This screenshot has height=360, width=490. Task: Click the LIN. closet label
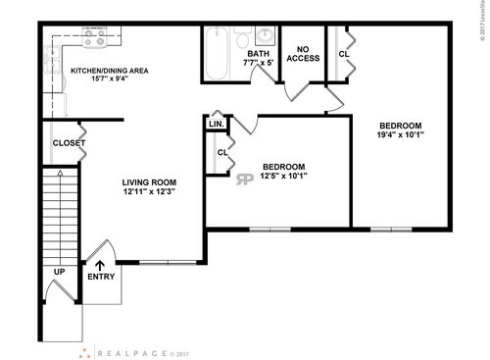tap(216, 125)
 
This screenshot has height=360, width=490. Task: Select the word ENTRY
tap(100, 277)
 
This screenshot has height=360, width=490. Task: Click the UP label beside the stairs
tap(59, 271)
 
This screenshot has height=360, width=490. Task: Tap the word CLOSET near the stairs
tap(68, 143)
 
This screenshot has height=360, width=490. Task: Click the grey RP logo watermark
tap(245, 180)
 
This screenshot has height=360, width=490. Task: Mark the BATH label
tap(259, 54)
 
